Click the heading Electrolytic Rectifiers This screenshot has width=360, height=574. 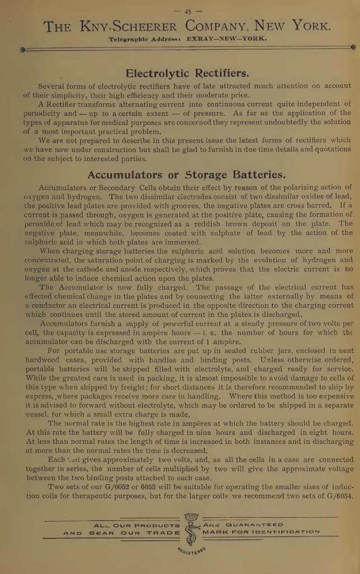[x=187, y=73]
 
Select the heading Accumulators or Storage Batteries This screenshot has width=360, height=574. [x=186, y=174]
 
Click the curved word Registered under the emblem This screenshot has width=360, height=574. [x=192, y=552]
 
